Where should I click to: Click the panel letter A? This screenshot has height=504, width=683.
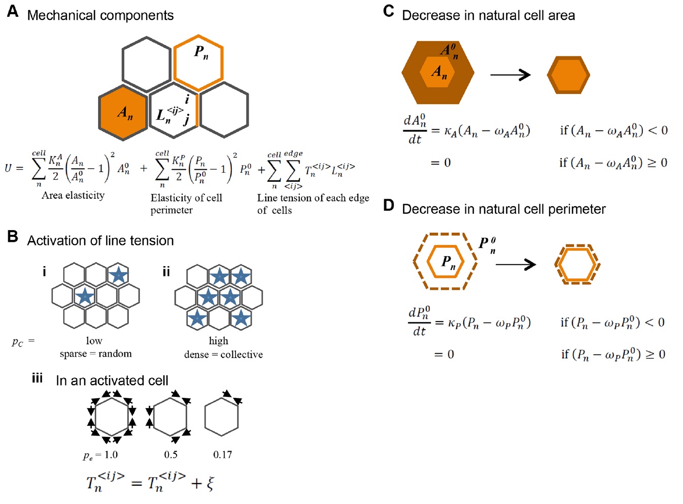13,11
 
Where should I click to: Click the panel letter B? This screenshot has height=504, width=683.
13,236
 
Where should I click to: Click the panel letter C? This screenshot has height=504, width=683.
389,11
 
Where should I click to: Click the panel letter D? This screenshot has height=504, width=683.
389,205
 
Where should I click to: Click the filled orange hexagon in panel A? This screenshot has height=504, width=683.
123,113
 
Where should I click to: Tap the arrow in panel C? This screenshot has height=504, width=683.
510,75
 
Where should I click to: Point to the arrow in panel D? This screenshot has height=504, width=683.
516,264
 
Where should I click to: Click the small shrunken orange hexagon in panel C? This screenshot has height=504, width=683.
568,75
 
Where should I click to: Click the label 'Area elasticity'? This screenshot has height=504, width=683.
73,196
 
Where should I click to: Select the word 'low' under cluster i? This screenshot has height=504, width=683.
94,341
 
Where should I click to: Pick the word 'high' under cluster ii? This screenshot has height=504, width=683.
219,341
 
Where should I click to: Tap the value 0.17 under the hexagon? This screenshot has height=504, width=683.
222,455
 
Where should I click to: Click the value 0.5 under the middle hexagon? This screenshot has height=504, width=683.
170,455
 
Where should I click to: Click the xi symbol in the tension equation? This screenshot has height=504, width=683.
210,483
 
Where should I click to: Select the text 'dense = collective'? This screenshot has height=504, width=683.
223,355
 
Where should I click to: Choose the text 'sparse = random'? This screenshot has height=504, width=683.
95,354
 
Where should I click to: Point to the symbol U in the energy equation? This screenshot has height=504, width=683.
8,168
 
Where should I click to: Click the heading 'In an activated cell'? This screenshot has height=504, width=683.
112,381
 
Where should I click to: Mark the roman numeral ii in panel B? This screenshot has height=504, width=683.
166,272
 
